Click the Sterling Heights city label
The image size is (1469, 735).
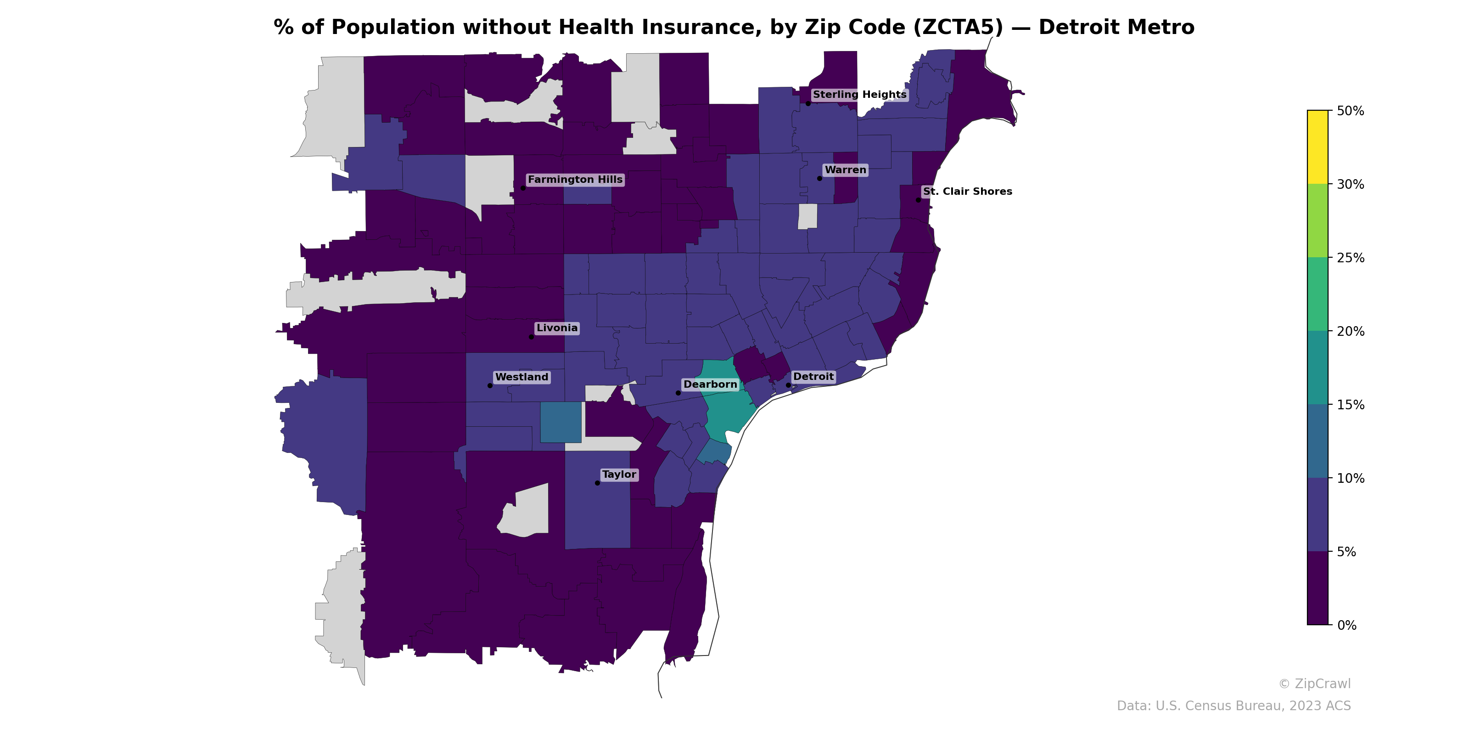[859, 95]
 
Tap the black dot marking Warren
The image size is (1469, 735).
[819, 179]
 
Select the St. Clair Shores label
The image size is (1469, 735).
[967, 192]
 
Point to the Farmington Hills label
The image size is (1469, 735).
[575, 180]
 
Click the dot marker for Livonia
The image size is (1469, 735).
[532, 337]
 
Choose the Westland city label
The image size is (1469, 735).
[521, 377]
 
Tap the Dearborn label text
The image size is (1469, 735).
[710, 384]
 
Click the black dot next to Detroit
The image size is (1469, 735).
[788, 385]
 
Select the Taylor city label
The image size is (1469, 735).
[619, 475]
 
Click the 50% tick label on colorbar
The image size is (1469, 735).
[1350, 111]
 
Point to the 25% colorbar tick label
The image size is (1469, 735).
[1350, 258]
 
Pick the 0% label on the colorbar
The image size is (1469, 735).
[1346, 625]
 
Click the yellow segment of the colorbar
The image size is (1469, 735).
[1318, 147]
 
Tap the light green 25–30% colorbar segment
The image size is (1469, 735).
[1318, 221]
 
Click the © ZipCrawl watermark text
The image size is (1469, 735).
[1314, 684]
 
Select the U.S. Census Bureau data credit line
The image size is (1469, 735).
[1233, 706]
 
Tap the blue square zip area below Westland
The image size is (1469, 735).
[561, 422]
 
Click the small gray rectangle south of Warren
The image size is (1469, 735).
[807, 216]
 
